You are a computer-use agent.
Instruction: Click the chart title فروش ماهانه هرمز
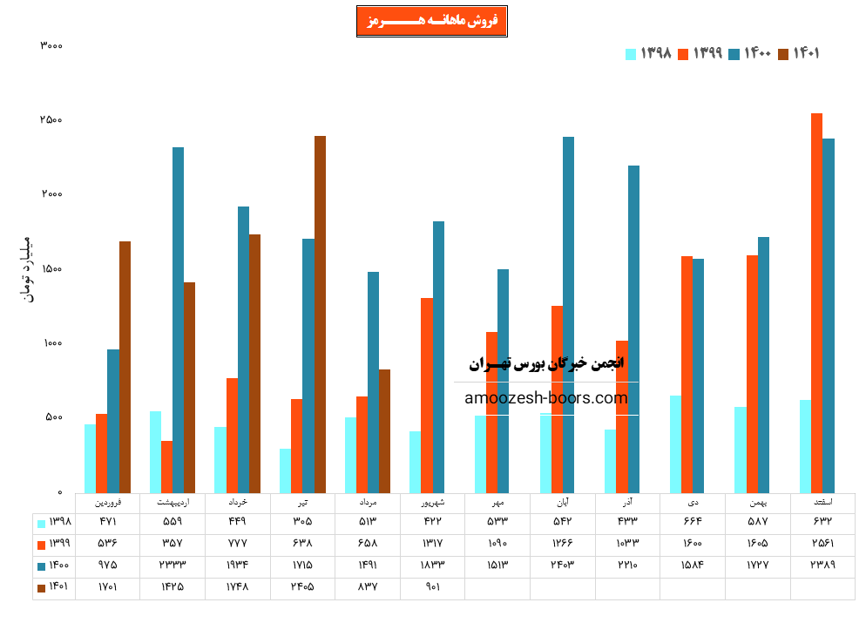coord(432,21)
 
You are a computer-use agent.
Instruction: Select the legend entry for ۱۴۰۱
coord(800,54)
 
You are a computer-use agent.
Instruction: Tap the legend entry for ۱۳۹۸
coord(649,54)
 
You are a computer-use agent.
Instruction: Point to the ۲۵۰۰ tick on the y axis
coord(51,120)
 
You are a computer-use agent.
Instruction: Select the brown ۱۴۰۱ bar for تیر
coord(320,314)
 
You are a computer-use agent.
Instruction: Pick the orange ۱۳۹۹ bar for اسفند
coord(816,302)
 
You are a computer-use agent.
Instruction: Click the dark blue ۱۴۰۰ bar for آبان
coord(568,315)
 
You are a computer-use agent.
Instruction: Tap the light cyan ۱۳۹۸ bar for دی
coord(675,444)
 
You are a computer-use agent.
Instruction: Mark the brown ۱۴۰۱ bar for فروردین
coord(125,366)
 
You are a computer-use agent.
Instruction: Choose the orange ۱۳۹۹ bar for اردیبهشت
coord(166,466)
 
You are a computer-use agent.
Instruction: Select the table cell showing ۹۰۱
coord(432,587)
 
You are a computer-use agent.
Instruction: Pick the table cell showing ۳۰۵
coord(302,522)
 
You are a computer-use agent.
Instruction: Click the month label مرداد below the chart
coord(368,503)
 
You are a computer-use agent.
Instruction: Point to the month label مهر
coord(497,503)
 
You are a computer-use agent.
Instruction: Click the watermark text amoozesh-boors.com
coord(546,398)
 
